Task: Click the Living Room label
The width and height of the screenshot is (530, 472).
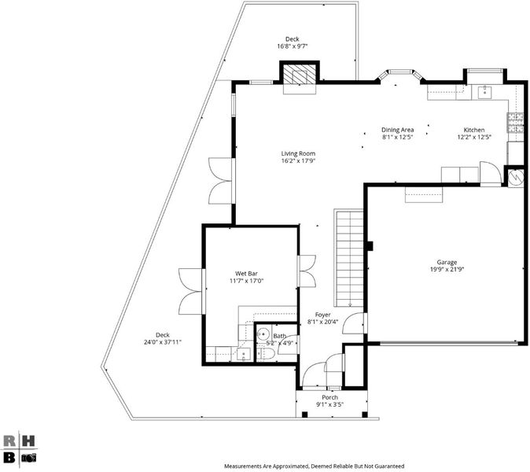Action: tap(298, 153)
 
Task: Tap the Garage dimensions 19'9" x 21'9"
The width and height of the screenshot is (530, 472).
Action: tap(447, 270)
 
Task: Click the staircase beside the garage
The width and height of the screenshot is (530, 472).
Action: tap(348, 258)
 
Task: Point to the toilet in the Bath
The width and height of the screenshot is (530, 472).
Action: tap(267, 354)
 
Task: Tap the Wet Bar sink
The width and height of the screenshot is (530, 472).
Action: tap(244, 355)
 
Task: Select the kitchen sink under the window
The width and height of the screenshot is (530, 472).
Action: tap(484, 92)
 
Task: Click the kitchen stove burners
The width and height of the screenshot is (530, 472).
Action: tap(515, 123)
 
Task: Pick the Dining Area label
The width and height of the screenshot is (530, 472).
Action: tap(398, 130)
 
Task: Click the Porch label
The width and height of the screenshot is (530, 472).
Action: tap(330, 397)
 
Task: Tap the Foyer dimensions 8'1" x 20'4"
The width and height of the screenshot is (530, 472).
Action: tap(323, 323)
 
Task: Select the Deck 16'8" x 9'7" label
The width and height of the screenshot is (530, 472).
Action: tap(293, 42)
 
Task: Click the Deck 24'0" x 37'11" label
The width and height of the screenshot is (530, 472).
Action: tap(163, 338)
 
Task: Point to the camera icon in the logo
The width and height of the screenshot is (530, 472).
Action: tap(29, 458)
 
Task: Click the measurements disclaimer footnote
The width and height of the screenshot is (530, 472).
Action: tap(315, 466)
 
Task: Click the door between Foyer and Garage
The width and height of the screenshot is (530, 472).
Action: tap(354, 323)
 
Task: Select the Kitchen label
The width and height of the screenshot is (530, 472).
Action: tap(474, 130)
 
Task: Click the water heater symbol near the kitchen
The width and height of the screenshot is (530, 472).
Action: tap(516, 177)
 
